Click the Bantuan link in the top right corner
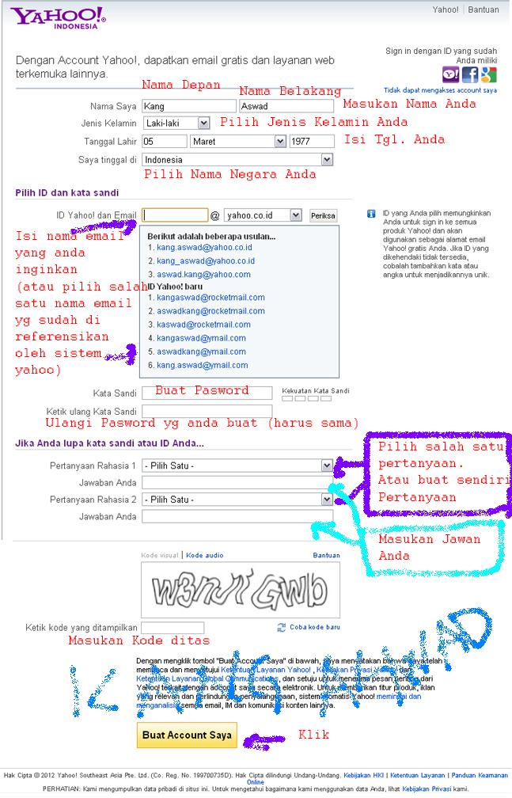484,10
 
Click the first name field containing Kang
188,106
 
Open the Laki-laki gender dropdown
176,123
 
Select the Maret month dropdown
237,142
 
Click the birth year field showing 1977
312,142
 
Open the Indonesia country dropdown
238,160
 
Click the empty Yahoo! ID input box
175,215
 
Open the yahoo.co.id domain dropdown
262,215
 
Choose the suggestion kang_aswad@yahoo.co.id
205,261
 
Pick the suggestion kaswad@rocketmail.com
203,325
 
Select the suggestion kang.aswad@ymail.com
202,365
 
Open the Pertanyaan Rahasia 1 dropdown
237,465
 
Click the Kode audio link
204,556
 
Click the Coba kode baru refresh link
314,627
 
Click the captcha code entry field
173,628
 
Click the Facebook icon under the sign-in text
470,75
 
